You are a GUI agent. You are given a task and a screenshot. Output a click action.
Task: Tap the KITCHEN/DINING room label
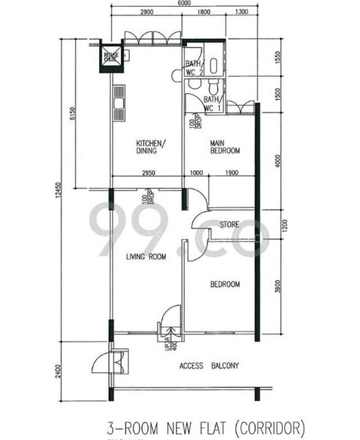pos(150,147)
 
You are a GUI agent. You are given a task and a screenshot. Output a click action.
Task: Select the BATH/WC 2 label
pos(193,68)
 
